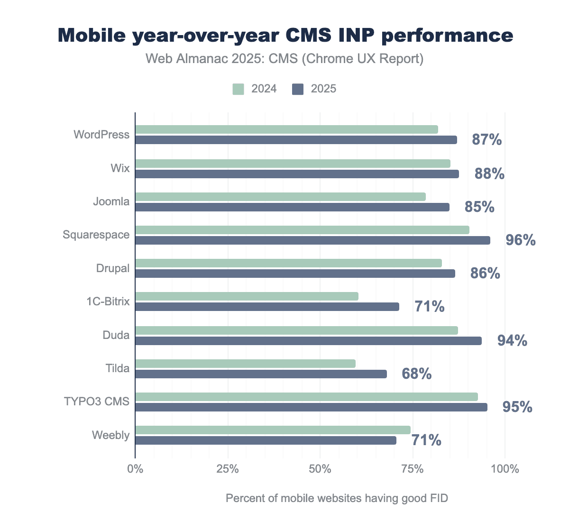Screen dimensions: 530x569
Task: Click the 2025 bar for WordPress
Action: click(296, 140)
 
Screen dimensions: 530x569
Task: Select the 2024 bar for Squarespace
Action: click(303, 230)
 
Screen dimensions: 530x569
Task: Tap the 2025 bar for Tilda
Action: click(261, 374)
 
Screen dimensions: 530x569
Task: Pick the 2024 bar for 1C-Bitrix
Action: click(247, 296)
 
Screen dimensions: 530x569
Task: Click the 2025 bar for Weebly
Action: click(266, 440)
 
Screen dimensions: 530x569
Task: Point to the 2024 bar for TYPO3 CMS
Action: click(307, 397)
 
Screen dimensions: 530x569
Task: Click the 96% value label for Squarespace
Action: click(520, 240)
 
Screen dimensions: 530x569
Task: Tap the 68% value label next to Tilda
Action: click(416, 374)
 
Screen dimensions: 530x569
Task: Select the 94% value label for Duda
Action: click(512, 340)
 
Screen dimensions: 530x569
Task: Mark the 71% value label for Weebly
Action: click(426, 440)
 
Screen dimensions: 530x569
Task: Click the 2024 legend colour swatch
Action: click(238, 89)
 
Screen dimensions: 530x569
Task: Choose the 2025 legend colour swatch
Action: click(298, 89)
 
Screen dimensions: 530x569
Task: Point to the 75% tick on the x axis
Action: click(413, 469)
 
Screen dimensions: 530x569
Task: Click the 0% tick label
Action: click(135, 469)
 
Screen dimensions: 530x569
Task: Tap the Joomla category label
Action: click(111, 201)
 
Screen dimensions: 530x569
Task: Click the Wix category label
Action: click(120, 168)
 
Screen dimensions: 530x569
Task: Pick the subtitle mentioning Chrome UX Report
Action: click(284, 59)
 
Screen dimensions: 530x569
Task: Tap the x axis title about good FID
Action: click(337, 498)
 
